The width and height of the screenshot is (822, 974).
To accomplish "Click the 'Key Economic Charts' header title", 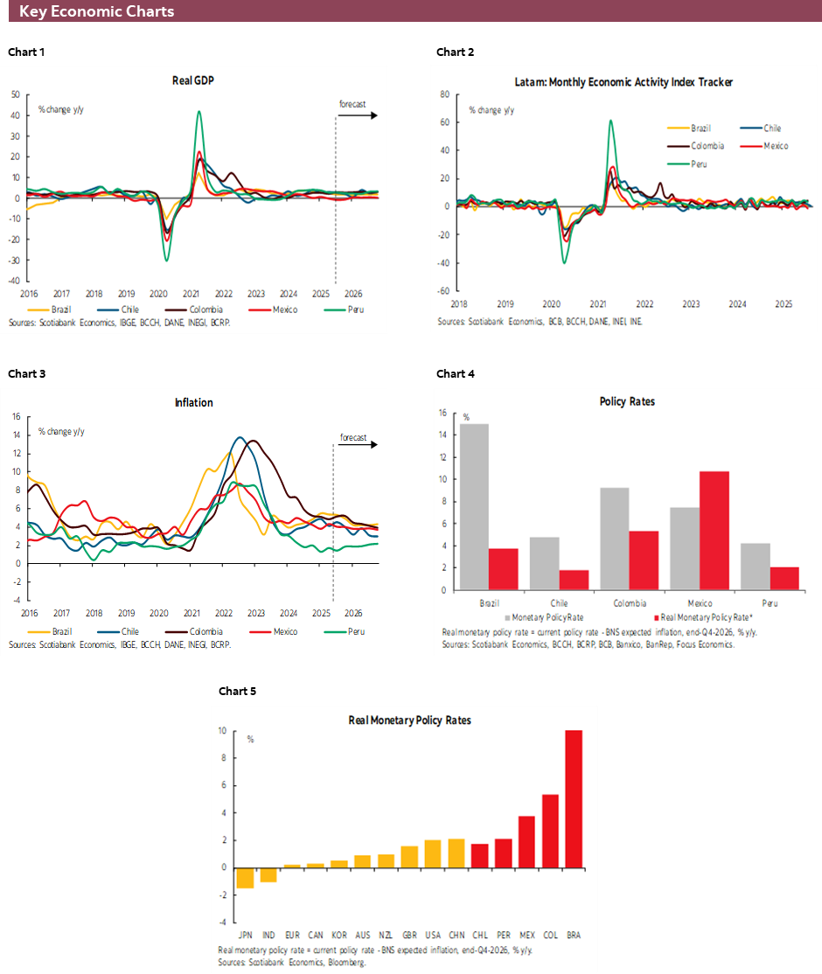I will tap(96, 11).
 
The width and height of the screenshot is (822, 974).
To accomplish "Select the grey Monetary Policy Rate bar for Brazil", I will tap(473, 506).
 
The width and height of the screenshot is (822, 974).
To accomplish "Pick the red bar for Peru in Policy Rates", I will tap(785, 578).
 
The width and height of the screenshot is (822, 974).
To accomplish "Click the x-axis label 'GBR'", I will tap(409, 935).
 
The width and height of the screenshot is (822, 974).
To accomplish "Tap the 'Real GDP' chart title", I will tap(193, 80).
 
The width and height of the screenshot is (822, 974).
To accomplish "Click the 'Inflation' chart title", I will tap(193, 403).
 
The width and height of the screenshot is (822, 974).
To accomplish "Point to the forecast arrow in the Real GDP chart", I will tap(359, 115).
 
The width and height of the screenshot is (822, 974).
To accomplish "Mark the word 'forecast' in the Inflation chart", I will tap(353, 437).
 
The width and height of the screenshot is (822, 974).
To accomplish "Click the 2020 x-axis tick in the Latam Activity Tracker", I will tap(551, 304).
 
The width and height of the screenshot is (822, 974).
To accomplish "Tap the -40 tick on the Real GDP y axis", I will tap(15, 281).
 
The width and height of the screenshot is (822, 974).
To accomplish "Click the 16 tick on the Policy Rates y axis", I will tap(442, 413).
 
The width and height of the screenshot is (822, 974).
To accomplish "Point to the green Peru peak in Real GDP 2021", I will tap(199, 112).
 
